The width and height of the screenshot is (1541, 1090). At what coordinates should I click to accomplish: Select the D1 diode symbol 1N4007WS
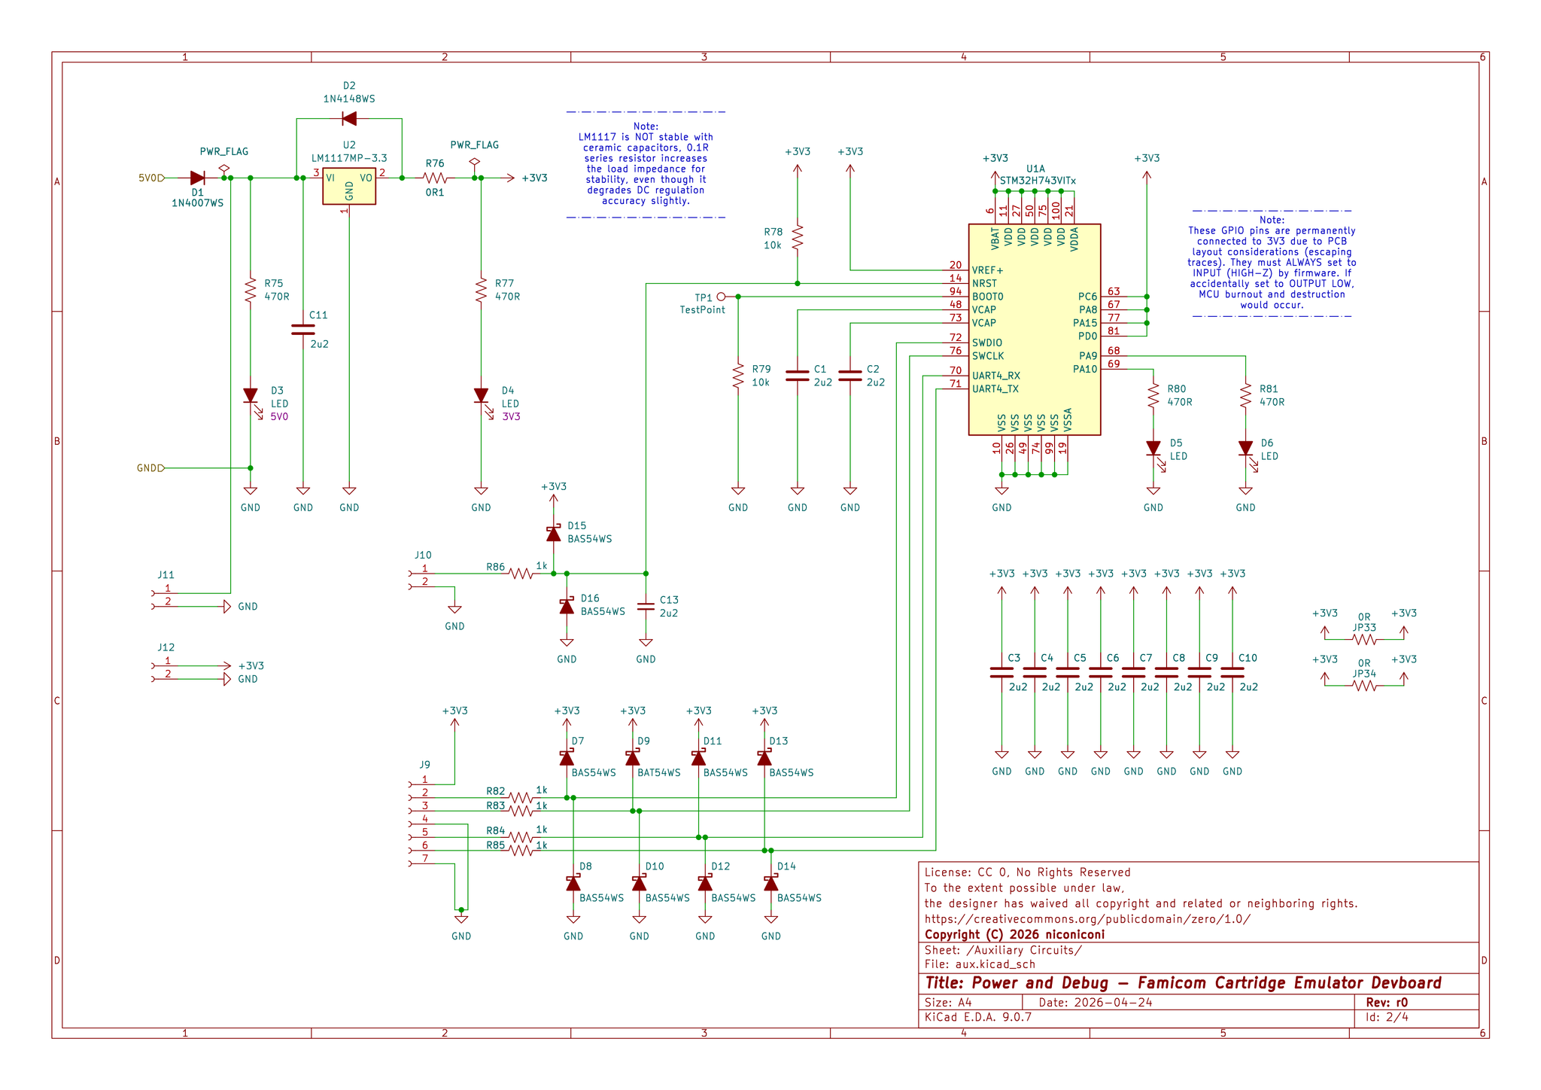tap(198, 178)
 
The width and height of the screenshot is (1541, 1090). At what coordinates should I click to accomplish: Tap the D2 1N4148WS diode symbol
tap(349, 118)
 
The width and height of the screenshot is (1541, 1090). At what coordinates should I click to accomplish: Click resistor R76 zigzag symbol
tap(436, 178)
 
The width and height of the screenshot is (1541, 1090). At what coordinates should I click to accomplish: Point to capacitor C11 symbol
tap(303, 329)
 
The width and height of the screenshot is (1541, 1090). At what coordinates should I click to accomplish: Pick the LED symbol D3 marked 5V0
tap(251, 396)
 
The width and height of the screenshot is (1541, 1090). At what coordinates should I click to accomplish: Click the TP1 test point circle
tap(721, 297)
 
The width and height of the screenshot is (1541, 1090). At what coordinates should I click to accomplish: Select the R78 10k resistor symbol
tap(798, 237)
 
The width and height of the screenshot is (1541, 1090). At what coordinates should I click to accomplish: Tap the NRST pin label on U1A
tap(984, 284)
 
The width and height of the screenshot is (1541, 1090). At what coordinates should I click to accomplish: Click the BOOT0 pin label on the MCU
tap(987, 297)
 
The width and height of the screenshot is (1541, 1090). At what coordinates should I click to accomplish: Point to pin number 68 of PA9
tap(1114, 351)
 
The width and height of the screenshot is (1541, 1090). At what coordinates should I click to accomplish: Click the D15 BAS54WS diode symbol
tap(554, 534)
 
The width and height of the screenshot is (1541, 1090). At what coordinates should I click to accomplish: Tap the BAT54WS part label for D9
tap(659, 772)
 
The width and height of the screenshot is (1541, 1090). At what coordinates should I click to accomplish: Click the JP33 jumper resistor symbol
tap(1364, 640)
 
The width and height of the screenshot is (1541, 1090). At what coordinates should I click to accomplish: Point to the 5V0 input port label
tap(148, 178)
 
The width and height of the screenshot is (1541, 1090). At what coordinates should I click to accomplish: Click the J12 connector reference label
tap(166, 647)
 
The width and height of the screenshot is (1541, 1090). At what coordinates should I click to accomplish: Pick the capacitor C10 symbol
tap(1232, 672)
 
